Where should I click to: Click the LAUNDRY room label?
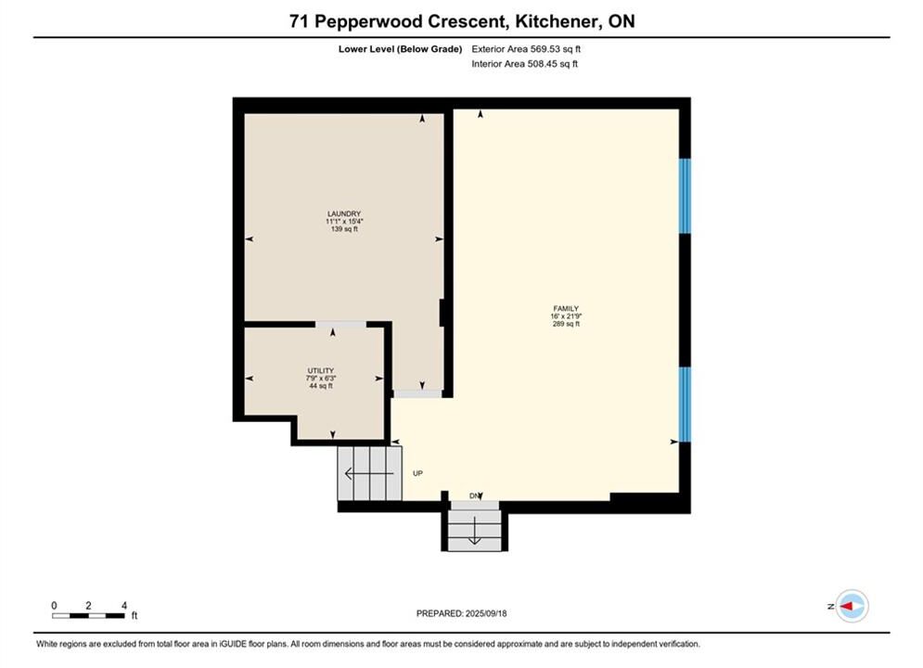pyautogui.click(x=344, y=213)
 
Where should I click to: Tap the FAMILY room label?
pyautogui.click(x=566, y=308)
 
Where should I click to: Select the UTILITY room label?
pyautogui.click(x=321, y=371)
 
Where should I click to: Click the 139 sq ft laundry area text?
pyautogui.click(x=344, y=229)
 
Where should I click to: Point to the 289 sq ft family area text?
pyautogui.click(x=566, y=324)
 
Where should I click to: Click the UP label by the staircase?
pyautogui.click(x=417, y=473)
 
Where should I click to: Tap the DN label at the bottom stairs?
pyautogui.click(x=474, y=496)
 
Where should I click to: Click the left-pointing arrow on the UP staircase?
pyautogui.click(x=369, y=473)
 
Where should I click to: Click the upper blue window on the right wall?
pyautogui.click(x=685, y=196)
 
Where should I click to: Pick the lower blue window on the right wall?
pyautogui.click(x=685, y=405)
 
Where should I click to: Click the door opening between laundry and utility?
pyautogui.click(x=340, y=325)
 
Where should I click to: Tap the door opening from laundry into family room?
pyautogui.click(x=417, y=393)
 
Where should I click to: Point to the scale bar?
pyautogui.click(x=88, y=616)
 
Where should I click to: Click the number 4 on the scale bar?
pyautogui.click(x=124, y=606)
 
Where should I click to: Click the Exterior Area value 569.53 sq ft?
pyautogui.click(x=556, y=49)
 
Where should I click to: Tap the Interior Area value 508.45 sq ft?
pyautogui.click(x=552, y=64)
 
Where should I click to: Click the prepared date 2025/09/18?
pyautogui.click(x=486, y=613)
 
